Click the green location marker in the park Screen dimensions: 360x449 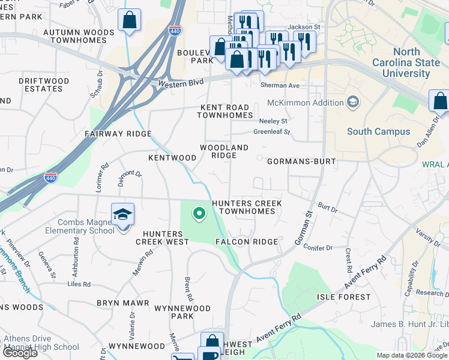pyautogui.click(x=198, y=212)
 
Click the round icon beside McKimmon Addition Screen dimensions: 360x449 pyautogui.click(x=352, y=103)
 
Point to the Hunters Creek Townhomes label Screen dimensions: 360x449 pyautogui.click(x=247, y=208)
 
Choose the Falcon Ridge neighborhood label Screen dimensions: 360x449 pyautogui.click(x=247, y=242)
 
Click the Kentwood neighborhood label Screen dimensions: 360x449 pyautogui.click(x=172, y=158)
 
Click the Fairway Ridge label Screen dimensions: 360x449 pyautogui.click(x=118, y=134)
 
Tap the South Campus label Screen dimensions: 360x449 pyautogui.click(x=378, y=131)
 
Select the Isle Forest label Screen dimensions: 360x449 pyautogui.click(x=344, y=297)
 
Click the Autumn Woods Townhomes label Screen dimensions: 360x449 pyautogui.click(x=82, y=36)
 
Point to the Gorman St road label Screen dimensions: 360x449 pyautogui.click(x=304, y=228)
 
